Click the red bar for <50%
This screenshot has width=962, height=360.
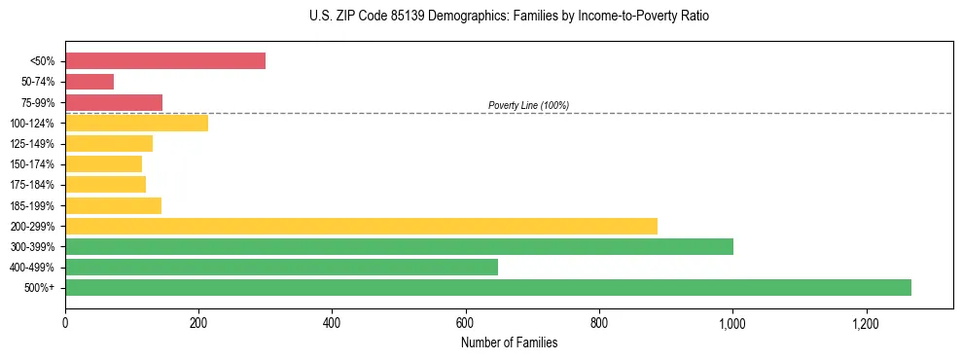(x=165, y=61)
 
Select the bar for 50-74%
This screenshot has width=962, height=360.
(x=89, y=82)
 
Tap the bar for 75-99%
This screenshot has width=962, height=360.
(x=114, y=102)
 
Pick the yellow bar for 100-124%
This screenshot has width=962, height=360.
(x=136, y=123)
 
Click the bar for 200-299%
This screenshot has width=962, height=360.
(x=361, y=226)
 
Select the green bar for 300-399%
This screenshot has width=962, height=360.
(x=399, y=246)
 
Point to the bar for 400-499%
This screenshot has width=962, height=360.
(x=281, y=267)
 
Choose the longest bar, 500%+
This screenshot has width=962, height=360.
(x=488, y=287)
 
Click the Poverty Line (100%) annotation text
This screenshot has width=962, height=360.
(x=528, y=105)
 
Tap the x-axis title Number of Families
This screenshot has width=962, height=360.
(x=509, y=342)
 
